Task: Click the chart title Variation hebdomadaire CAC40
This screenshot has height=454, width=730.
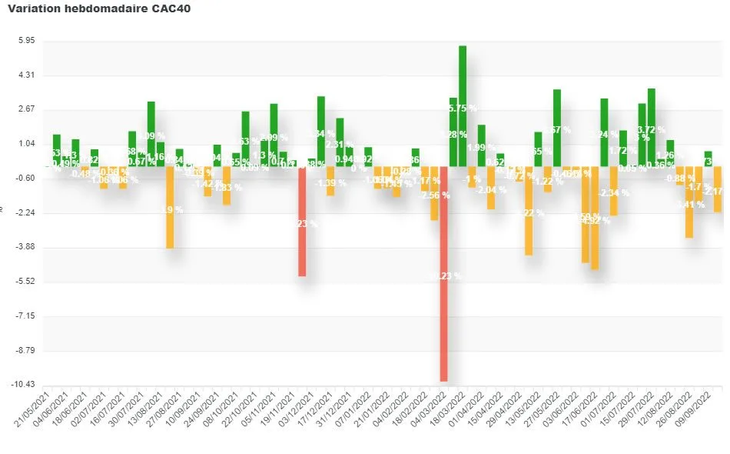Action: click(x=99, y=8)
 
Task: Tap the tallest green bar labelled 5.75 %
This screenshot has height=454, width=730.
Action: click(x=463, y=105)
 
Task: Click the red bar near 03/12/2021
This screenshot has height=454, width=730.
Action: click(x=303, y=221)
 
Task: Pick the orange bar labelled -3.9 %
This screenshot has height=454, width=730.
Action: click(x=170, y=207)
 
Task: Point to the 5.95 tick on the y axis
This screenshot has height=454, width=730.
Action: click(x=25, y=41)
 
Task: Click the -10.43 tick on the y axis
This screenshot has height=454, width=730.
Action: click(x=24, y=385)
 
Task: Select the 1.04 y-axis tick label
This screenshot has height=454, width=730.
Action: click(x=26, y=144)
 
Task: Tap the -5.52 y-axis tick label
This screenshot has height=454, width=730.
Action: click(x=25, y=282)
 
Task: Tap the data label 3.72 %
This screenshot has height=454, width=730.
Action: click(x=652, y=130)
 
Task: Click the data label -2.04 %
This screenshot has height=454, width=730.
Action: click(x=491, y=190)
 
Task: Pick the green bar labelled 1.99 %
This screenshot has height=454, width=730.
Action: click(x=481, y=145)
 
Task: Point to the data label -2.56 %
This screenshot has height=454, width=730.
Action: click(x=435, y=195)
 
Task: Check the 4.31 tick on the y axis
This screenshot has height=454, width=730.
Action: click(x=26, y=75)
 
